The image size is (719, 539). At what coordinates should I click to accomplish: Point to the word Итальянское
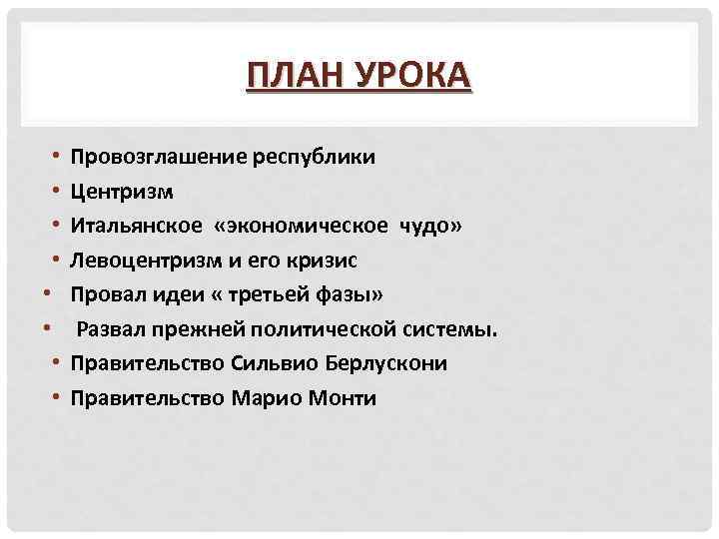(x=132, y=226)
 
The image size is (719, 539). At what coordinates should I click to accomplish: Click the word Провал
(x=104, y=295)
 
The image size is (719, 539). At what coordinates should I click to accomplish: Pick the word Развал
(x=111, y=330)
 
